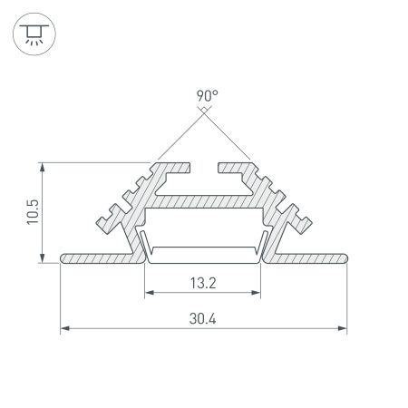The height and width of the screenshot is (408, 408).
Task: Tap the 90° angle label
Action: (x=204, y=93)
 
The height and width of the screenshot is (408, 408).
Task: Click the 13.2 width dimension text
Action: (x=204, y=281)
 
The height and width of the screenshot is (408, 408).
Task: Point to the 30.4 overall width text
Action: (x=204, y=318)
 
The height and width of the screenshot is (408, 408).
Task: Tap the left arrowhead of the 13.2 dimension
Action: (x=149, y=293)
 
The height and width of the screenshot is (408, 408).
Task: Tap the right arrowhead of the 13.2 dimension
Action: (x=258, y=293)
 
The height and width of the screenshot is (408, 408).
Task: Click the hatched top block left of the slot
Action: (x=174, y=169)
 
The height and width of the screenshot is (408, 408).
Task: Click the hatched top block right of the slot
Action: (x=234, y=169)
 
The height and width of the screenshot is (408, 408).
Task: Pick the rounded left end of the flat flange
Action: (x=63, y=258)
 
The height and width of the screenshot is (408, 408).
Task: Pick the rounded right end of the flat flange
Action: (x=345, y=258)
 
